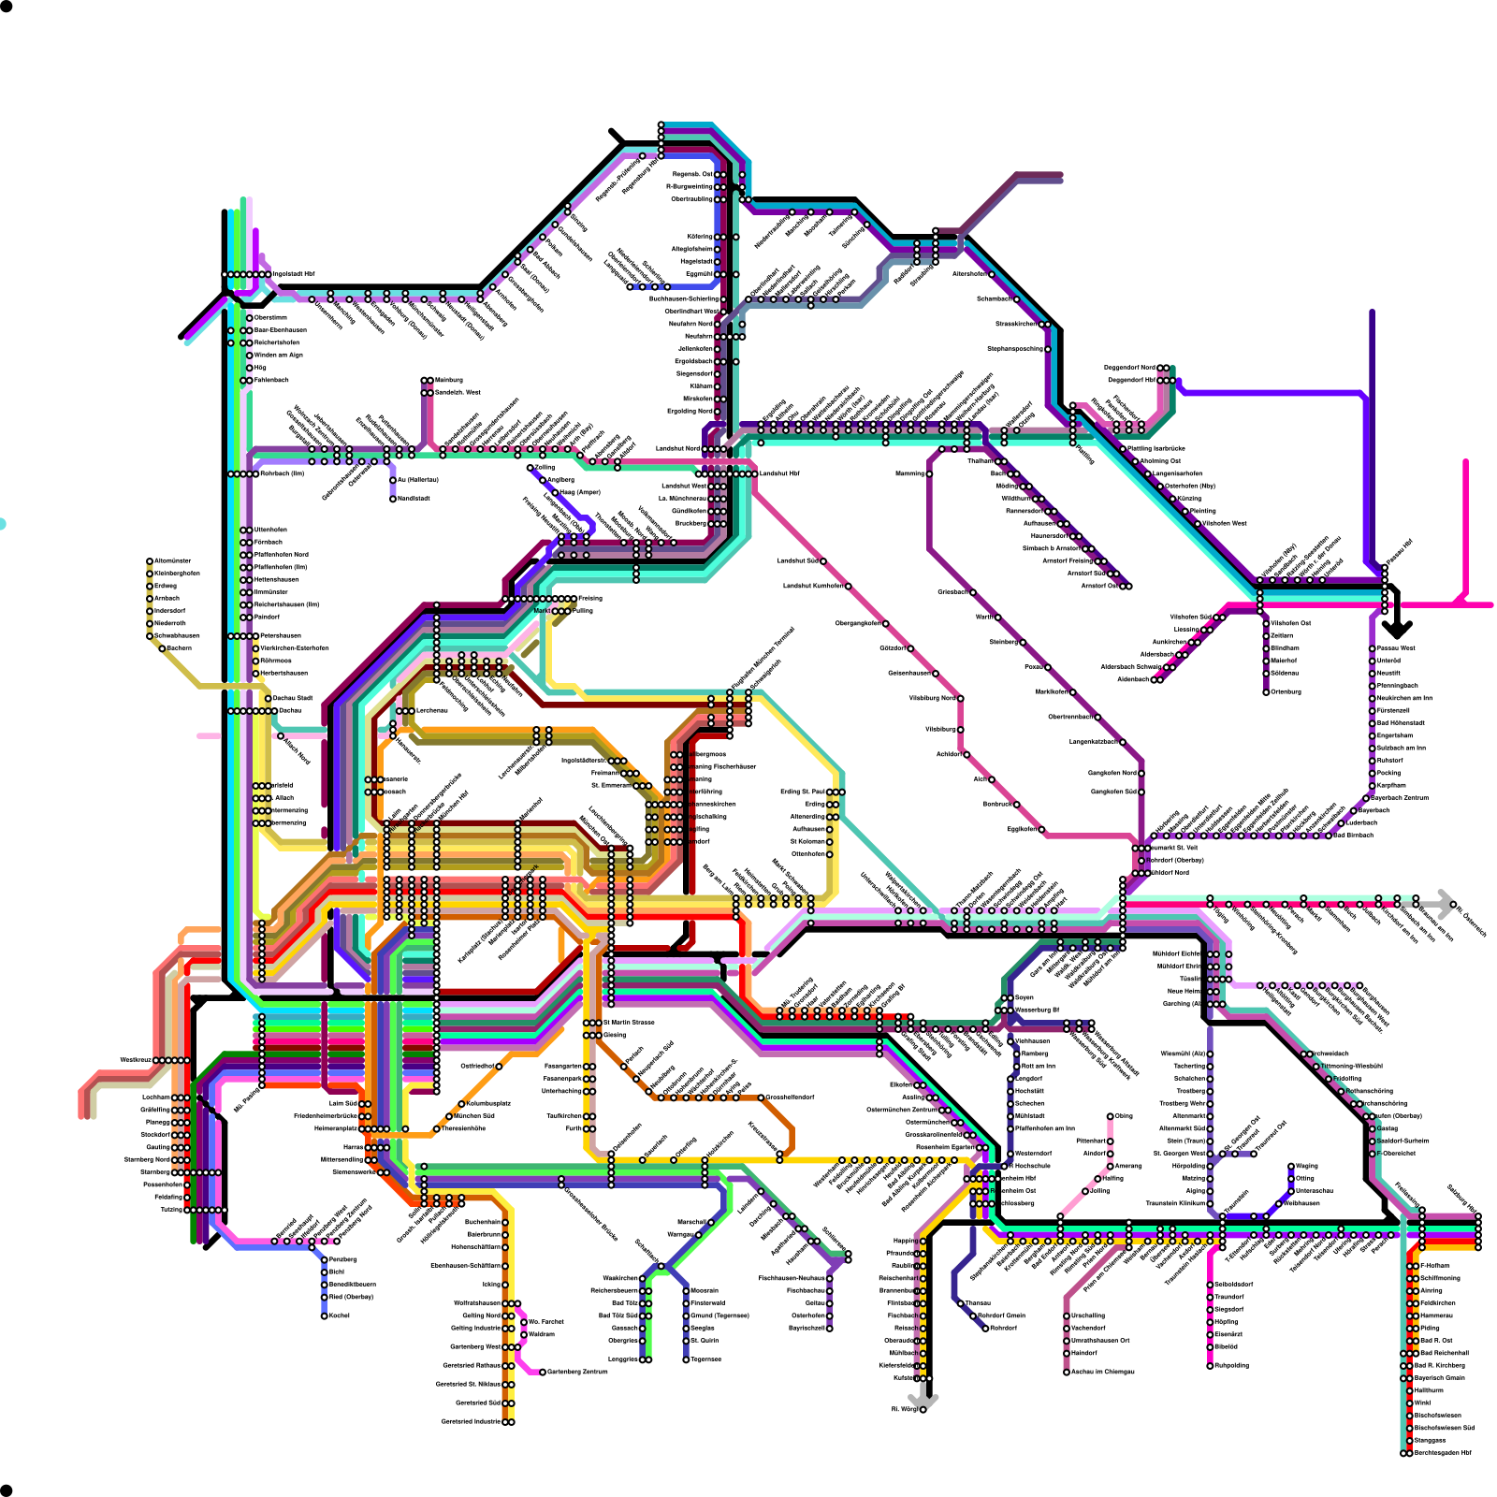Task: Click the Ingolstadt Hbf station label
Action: [294, 274]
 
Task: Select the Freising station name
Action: [589, 598]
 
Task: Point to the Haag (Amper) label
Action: [579, 492]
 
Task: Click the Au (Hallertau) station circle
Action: [393, 480]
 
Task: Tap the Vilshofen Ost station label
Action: [1291, 623]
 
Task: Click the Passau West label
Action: [1396, 647]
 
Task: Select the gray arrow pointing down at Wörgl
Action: [923, 1400]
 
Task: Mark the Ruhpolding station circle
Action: [1210, 1365]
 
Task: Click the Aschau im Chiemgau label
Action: [1102, 1372]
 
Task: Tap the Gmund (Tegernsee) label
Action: [719, 1315]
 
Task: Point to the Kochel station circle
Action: [325, 1315]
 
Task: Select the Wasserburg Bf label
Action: [1037, 1010]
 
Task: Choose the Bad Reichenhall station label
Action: [1443, 1353]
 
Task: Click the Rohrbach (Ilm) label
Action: [282, 473]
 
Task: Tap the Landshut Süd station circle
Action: [822, 561]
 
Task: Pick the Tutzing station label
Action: [171, 1210]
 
